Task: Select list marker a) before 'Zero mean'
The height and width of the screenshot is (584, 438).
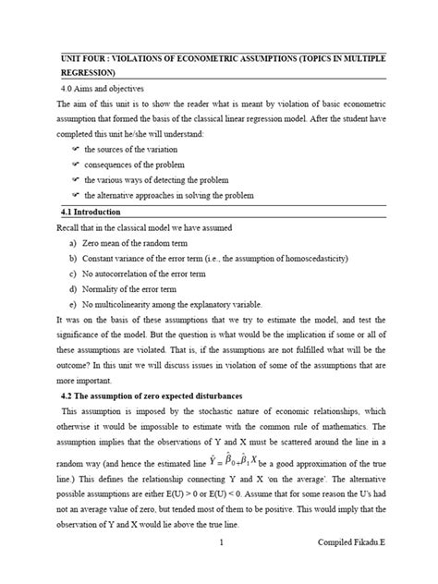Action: (x=72, y=242)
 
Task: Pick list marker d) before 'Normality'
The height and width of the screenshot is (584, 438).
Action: (x=72, y=289)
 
